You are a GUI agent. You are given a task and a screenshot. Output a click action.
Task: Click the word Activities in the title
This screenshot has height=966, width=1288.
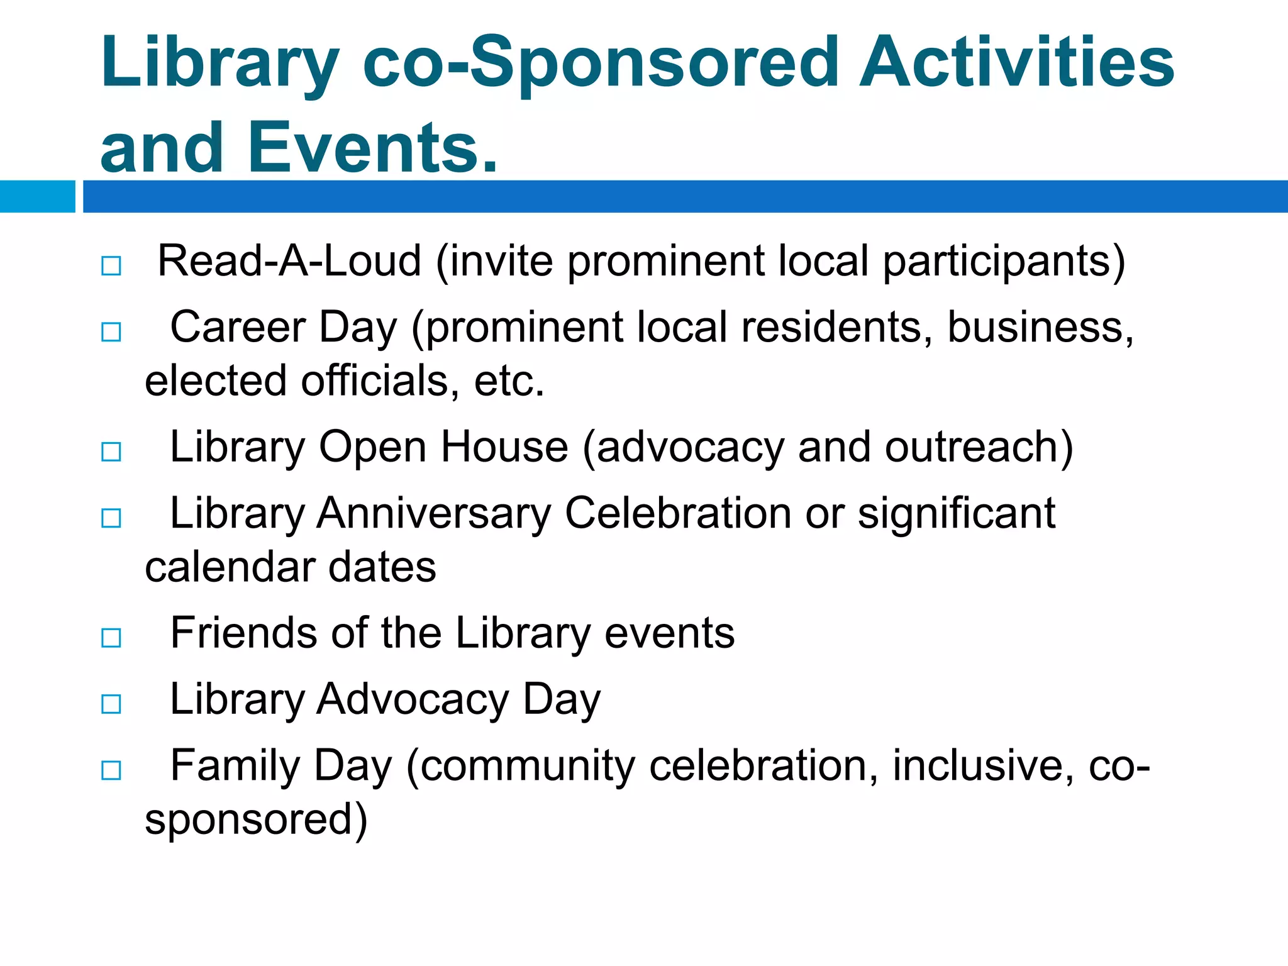[x=1016, y=63]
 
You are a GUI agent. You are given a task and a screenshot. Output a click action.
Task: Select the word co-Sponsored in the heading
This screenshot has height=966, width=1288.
[x=601, y=63]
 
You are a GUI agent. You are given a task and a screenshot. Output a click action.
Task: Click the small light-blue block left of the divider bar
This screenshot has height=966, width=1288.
[x=37, y=196]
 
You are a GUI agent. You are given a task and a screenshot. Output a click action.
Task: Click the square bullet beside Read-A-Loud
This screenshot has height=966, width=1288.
[x=111, y=265]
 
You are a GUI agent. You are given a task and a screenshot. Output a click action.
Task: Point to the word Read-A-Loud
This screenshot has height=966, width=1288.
[x=289, y=261]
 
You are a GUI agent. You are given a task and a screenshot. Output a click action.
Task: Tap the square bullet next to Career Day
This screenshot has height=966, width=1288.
[x=111, y=331]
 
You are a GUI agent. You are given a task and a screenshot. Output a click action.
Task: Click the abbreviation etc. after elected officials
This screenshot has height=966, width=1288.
[x=509, y=381]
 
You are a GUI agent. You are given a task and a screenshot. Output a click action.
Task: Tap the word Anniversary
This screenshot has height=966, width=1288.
[x=433, y=513]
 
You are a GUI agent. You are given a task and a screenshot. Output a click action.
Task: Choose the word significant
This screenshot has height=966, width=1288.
[x=956, y=513]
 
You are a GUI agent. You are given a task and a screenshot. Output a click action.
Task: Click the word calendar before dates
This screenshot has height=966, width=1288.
[x=230, y=567]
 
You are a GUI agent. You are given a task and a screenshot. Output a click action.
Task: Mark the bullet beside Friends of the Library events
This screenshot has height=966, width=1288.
[x=111, y=638]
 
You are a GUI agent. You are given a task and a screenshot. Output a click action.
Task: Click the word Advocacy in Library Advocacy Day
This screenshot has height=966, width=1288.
[x=413, y=699]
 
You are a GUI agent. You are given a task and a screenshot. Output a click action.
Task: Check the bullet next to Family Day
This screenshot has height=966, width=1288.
[x=111, y=770]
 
